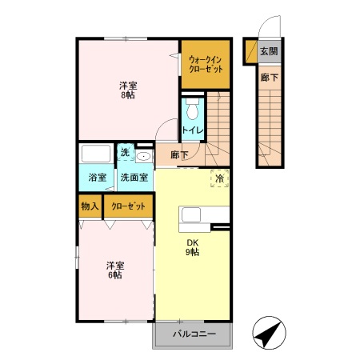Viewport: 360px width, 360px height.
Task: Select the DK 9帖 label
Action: (x=192, y=248)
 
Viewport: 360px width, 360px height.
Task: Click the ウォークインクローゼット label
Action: (x=206, y=63)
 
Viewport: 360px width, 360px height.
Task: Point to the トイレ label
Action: (x=191, y=130)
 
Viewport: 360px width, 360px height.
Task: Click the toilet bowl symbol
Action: (x=192, y=109)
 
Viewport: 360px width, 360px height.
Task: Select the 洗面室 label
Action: (x=134, y=178)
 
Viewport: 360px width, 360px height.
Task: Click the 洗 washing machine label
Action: (x=125, y=153)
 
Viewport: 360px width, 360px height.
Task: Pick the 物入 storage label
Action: (x=89, y=206)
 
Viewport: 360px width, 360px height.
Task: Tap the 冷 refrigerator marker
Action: (x=218, y=179)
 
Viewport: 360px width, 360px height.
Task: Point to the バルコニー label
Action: (x=192, y=334)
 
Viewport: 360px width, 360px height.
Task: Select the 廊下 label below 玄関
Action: (x=269, y=78)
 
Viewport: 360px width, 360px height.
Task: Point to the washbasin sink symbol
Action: (x=144, y=156)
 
